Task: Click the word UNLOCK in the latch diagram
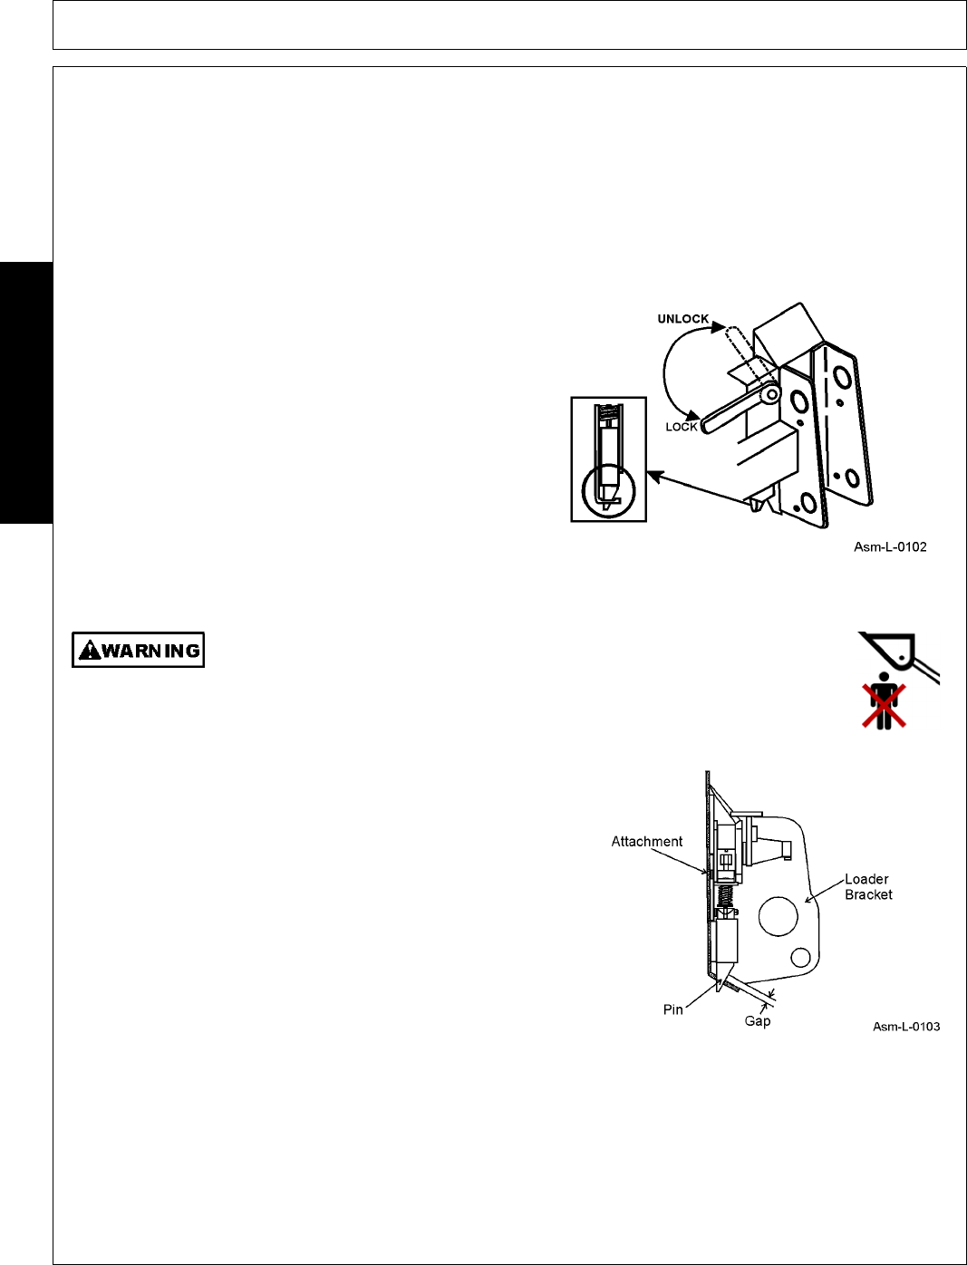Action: [682, 319]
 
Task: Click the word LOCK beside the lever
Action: [682, 427]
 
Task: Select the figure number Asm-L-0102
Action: [890, 546]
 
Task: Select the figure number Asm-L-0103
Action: [906, 1027]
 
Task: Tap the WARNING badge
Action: [139, 650]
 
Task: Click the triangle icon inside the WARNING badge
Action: [90, 650]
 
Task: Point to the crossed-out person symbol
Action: [883, 702]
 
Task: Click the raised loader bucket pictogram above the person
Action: [897, 652]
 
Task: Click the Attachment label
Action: [646, 841]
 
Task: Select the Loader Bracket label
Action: [867, 886]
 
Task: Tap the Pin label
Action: [672, 1009]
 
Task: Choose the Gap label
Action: [758, 1021]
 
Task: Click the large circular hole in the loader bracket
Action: [778, 916]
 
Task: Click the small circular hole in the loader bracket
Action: [800, 957]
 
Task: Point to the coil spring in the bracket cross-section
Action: [725, 899]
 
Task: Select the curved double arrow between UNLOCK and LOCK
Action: [671, 372]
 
